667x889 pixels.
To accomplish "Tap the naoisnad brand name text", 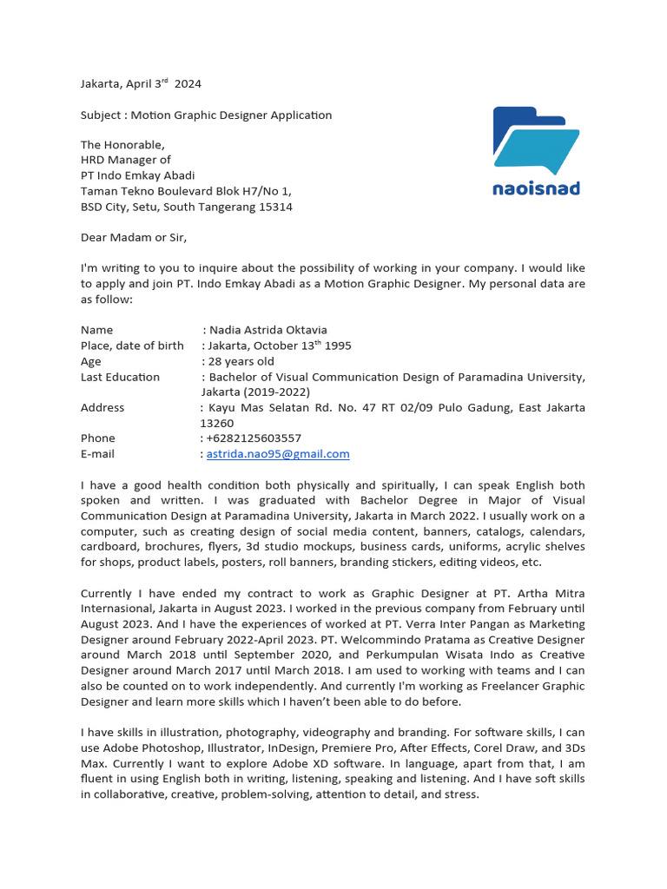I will (x=535, y=188).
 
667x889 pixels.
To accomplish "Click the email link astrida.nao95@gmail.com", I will (x=278, y=453).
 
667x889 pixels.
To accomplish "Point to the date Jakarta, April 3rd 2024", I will (x=141, y=84).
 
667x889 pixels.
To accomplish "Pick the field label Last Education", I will (x=120, y=377).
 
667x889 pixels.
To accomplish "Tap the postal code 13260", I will (x=217, y=423).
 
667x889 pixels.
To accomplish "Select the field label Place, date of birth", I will (x=132, y=346).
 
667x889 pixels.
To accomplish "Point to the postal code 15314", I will (x=274, y=207).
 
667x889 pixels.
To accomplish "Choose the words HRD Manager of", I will (x=126, y=160).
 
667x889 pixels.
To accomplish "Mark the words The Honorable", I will (x=122, y=145).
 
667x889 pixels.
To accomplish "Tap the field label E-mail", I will (x=97, y=453).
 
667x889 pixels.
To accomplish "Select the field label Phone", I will (x=98, y=438).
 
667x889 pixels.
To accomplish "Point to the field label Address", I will (x=102, y=407).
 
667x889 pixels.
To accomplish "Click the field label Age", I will (x=90, y=361).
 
